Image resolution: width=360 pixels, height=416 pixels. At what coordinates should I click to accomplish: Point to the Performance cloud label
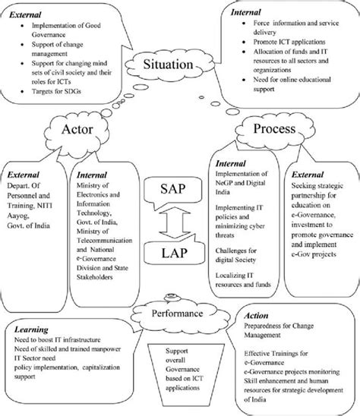click(179, 313)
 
